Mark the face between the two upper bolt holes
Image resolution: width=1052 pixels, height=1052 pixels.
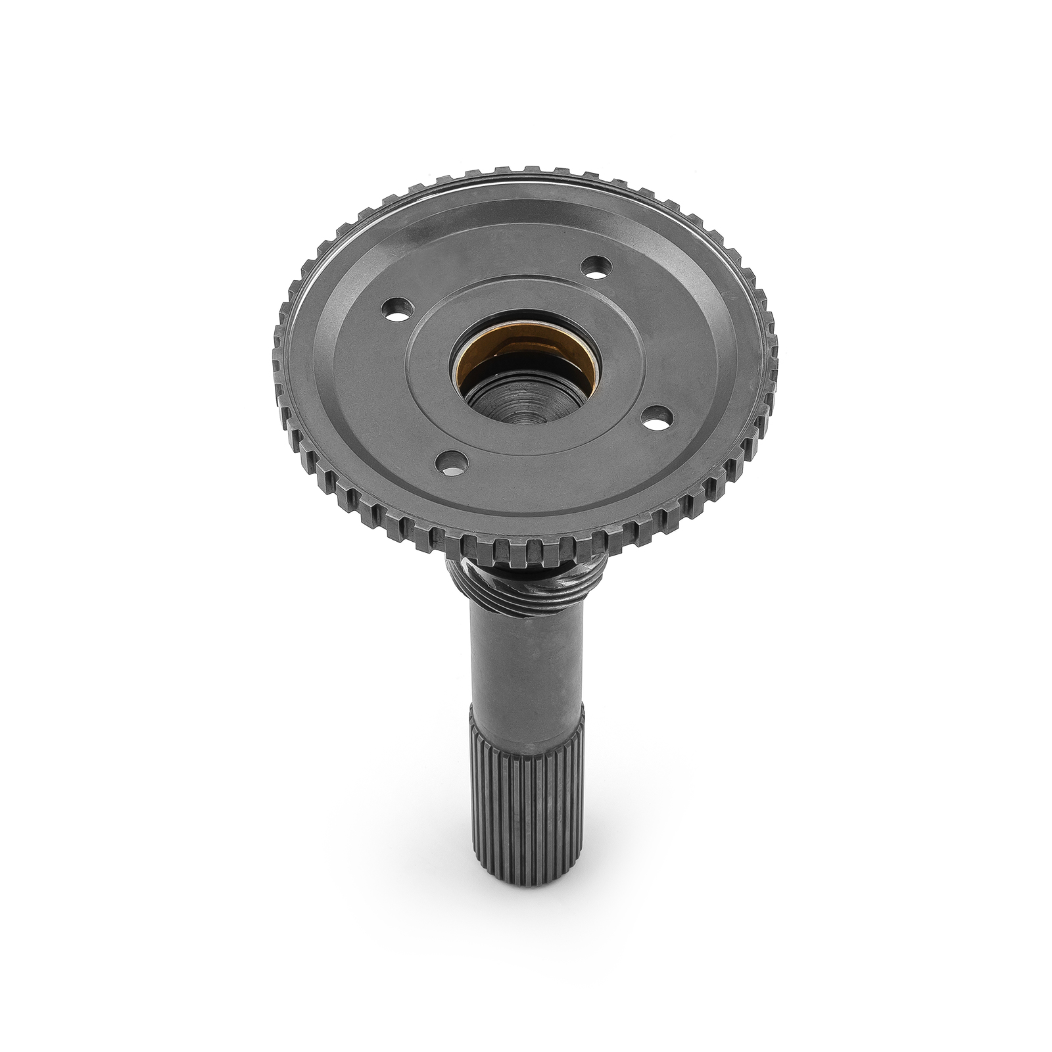(x=493, y=276)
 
